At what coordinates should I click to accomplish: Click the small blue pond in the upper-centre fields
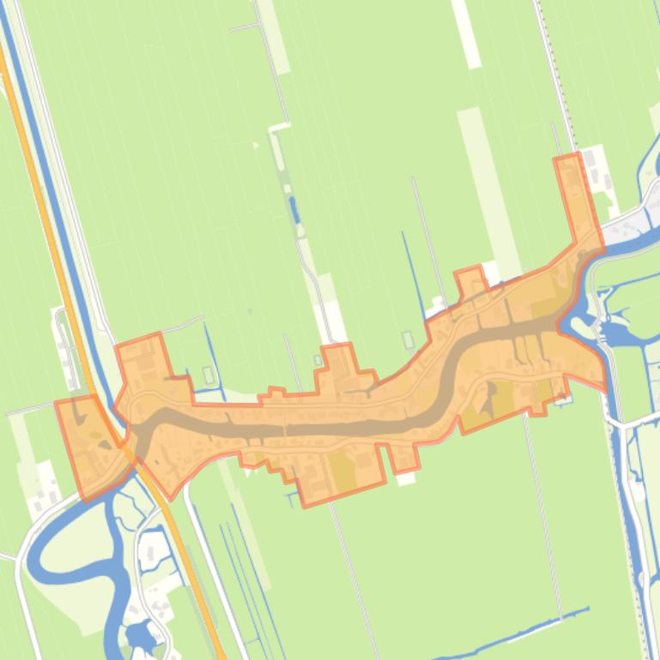point(294,207)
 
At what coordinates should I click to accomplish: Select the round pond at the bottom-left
point(137,634)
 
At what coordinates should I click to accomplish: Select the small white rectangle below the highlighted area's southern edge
point(406,477)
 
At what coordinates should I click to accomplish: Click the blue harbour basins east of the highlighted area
point(616,330)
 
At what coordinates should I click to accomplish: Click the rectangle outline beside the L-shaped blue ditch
point(209,375)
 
